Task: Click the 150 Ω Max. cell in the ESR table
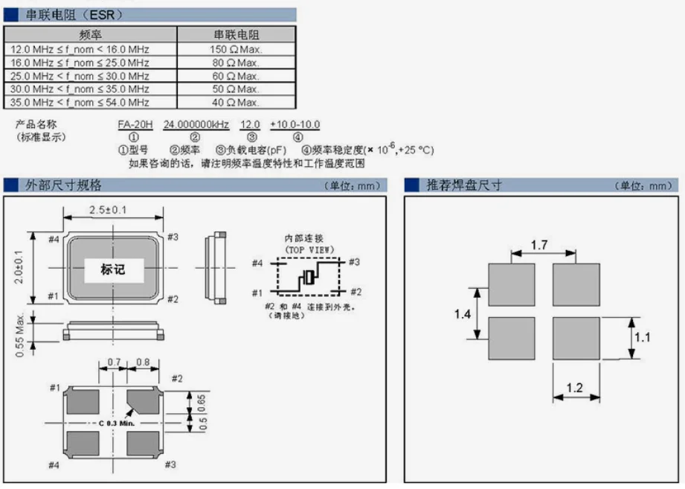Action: coord(236,49)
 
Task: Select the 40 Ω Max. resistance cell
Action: coord(236,103)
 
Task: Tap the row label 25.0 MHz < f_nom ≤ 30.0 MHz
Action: coord(80,76)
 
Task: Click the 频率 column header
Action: coord(90,35)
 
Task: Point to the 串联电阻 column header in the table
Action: coord(236,35)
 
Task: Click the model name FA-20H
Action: coord(134,124)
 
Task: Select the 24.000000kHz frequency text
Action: coord(195,124)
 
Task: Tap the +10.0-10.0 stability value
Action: coord(295,124)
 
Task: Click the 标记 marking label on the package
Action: coord(113,269)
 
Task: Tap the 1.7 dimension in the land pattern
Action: coord(540,244)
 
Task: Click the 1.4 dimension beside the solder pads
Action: coord(462,314)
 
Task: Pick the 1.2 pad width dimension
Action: coord(573,388)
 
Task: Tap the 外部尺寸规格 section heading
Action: coord(64,185)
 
